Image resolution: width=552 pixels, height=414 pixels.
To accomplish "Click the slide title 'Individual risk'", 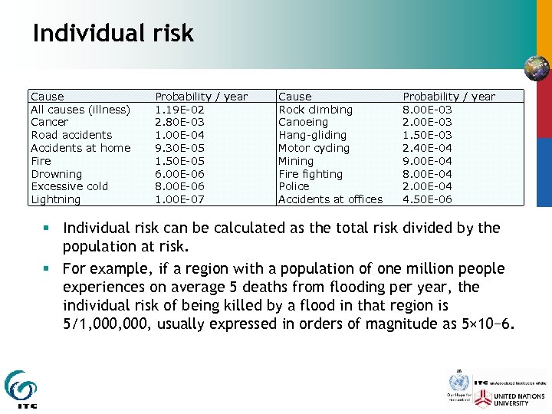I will tap(113, 33).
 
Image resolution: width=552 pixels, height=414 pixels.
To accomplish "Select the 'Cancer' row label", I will tap(49, 122).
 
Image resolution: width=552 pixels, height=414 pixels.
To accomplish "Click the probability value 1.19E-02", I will tap(179, 110).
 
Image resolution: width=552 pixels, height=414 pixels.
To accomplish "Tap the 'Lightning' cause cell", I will tap(55, 199).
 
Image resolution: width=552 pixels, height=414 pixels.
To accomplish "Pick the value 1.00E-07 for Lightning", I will tap(179, 199).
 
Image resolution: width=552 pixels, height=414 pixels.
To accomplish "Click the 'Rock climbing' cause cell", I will tap(315, 110).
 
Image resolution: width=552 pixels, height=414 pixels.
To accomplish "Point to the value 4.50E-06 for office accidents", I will tap(427, 199).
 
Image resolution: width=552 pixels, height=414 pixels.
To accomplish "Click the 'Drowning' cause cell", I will tap(56, 174).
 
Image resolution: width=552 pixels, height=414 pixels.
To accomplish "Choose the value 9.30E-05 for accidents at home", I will tap(179, 148).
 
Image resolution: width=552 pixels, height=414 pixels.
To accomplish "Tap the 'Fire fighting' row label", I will tap(311, 174).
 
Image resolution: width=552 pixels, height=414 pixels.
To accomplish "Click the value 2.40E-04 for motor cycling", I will tap(427, 148).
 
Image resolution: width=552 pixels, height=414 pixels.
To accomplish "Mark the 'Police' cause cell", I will tap(294, 186).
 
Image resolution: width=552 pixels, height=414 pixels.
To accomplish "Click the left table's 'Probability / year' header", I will tap(201, 97).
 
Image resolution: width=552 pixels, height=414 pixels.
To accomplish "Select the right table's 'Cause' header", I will tap(294, 97).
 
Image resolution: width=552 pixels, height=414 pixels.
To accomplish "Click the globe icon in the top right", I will tap(536, 68).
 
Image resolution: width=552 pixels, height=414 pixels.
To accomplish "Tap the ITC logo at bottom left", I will tap(20, 389).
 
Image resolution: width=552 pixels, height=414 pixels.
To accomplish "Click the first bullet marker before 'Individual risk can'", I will tap(48, 228).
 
